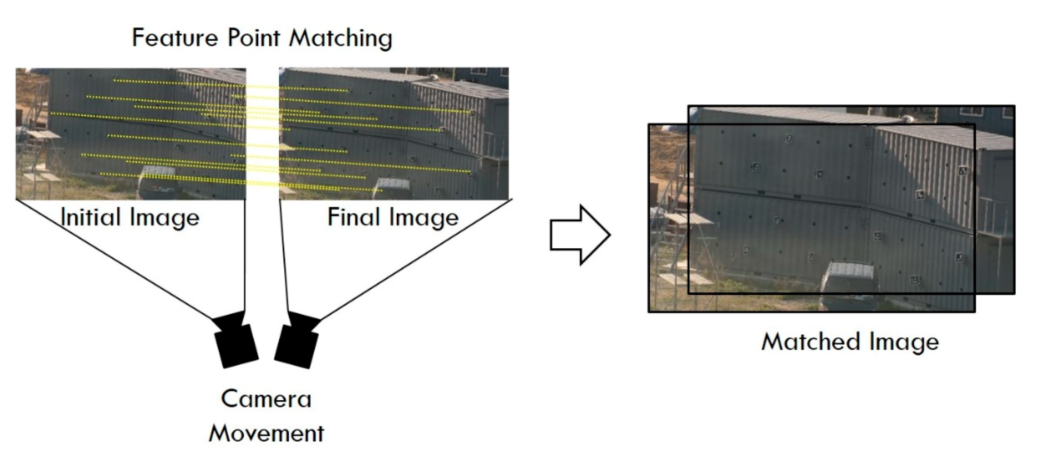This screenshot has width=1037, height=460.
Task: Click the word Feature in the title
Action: (175, 38)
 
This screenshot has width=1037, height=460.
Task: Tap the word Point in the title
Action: (254, 38)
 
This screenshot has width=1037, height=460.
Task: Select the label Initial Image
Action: (130, 217)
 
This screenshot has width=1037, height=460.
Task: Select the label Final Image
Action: (393, 217)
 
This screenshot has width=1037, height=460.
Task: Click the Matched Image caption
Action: (850, 341)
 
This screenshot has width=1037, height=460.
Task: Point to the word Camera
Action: (266, 399)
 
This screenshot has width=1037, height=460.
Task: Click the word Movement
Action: (266, 433)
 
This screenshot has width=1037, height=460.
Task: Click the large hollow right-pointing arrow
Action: (580, 235)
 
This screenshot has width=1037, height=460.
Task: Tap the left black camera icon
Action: (235, 343)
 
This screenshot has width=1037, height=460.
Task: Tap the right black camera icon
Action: (297, 343)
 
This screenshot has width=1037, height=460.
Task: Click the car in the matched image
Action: (850, 282)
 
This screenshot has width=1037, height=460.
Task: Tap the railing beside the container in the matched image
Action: (993, 216)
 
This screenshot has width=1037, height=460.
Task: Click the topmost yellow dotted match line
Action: (231, 85)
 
